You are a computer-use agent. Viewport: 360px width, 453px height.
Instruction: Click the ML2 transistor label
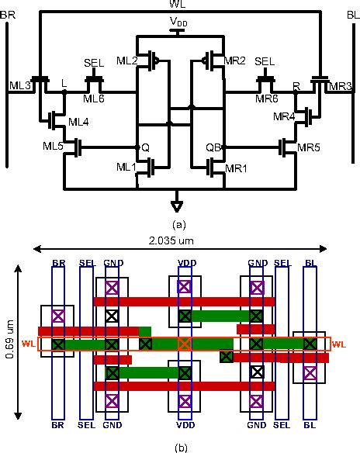(x=127, y=61)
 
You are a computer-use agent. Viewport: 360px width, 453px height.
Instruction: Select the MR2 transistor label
(x=234, y=61)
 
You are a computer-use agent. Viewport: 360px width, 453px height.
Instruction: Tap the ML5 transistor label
(x=53, y=146)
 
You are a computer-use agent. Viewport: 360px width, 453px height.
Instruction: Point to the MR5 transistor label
(x=308, y=146)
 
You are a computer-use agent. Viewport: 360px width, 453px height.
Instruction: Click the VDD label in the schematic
(x=180, y=23)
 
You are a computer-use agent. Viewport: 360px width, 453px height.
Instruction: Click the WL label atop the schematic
(x=180, y=5)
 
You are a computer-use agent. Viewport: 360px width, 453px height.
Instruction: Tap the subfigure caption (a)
(x=179, y=223)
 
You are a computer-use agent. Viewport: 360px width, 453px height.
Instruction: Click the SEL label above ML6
(x=93, y=61)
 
